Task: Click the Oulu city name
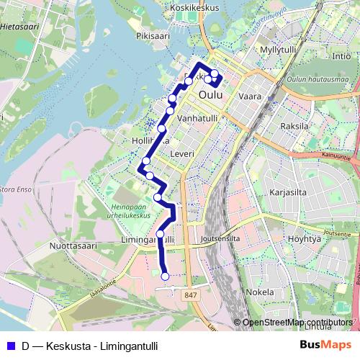pyautogui.click(x=210, y=94)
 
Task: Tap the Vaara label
pyautogui.click(x=250, y=95)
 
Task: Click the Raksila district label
pyautogui.click(x=294, y=125)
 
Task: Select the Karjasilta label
pyautogui.click(x=288, y=193)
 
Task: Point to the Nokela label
pyautogui.click(x=259, y=292)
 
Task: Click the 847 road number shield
pyautogui.click(x=190, y=295)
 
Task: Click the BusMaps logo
pyautogui.click(x=325, y=345)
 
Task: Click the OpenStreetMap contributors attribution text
pyautogui.click(x=297, y=323)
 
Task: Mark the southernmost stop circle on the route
pyautogui.click(x=166, y=276)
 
